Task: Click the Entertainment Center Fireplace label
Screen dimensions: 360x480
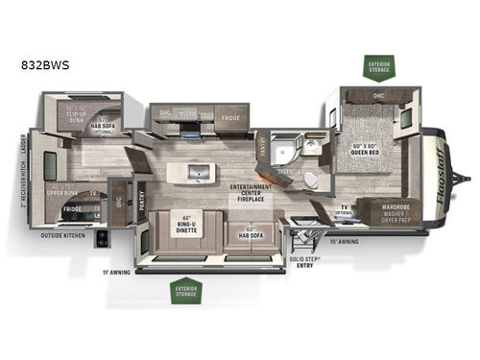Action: pyautogui.click(x=246, y=195)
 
